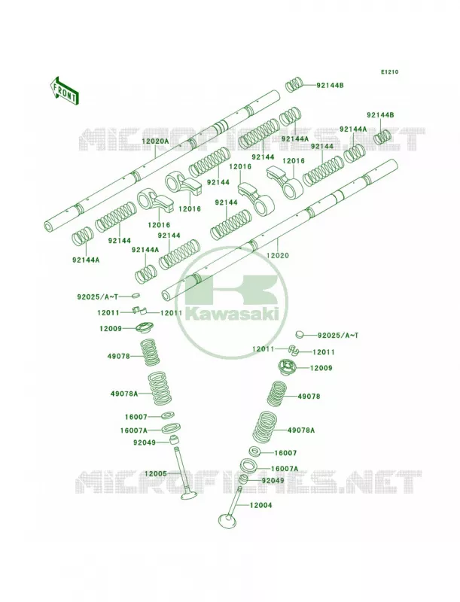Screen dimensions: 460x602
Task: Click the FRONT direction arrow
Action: [64, 90]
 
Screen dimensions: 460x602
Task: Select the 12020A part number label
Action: [155, 141]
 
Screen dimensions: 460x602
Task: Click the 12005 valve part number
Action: [156, 474]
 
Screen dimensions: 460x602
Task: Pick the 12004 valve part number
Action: [260, 505]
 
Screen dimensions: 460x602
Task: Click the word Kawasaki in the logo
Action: [232, 315]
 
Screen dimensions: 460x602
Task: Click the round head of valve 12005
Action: [189, 496]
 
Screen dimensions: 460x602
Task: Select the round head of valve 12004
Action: [226, 521]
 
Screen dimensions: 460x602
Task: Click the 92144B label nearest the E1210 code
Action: [330, 86]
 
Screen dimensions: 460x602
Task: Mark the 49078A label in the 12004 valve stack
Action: [301, 430]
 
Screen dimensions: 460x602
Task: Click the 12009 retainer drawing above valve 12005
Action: [144, 327]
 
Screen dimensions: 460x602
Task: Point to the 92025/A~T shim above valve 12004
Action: [300, 334]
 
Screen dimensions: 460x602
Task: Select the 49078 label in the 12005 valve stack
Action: [119, 357]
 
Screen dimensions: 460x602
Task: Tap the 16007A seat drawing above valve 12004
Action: [248, 466]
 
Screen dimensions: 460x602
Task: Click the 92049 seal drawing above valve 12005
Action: [175, 439]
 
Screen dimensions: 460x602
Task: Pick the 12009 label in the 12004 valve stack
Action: [321, 368]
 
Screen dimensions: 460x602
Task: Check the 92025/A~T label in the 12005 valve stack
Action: [98, 296]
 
